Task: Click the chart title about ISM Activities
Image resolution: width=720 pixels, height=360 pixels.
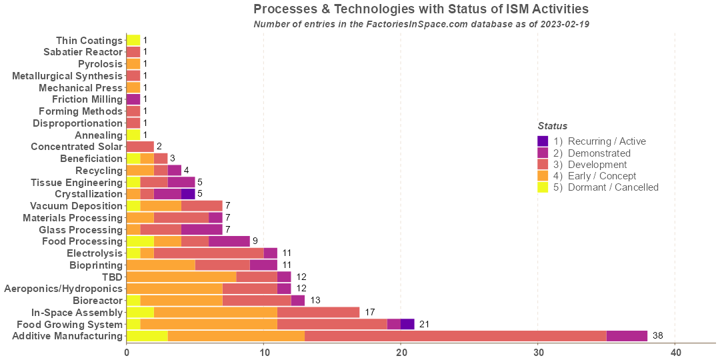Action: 421,9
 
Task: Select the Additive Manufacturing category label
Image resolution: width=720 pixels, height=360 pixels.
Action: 67,336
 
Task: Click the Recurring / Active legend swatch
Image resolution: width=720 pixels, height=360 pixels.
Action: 543,141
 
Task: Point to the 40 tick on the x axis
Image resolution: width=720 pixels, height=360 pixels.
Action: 675,351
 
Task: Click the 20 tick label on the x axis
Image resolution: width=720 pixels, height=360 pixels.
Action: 401,351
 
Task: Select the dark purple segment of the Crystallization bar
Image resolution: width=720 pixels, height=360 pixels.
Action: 188,194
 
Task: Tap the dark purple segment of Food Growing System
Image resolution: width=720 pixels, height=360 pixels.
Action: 407,324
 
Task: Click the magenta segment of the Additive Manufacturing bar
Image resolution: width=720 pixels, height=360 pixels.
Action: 627,336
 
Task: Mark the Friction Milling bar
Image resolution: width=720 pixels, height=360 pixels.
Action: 133,99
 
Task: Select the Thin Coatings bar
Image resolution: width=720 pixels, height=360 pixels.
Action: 133,40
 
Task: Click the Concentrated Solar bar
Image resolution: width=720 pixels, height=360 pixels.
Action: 140,147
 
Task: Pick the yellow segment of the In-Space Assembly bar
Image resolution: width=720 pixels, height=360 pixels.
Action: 140,312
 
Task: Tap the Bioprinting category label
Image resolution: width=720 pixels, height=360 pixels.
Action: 96,265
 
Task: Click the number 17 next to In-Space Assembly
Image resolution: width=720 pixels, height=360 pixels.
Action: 370,312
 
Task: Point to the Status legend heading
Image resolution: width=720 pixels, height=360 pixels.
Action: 553,126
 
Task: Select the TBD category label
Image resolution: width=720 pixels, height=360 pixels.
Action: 112,277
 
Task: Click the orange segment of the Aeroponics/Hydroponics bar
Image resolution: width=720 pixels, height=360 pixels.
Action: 175,289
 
